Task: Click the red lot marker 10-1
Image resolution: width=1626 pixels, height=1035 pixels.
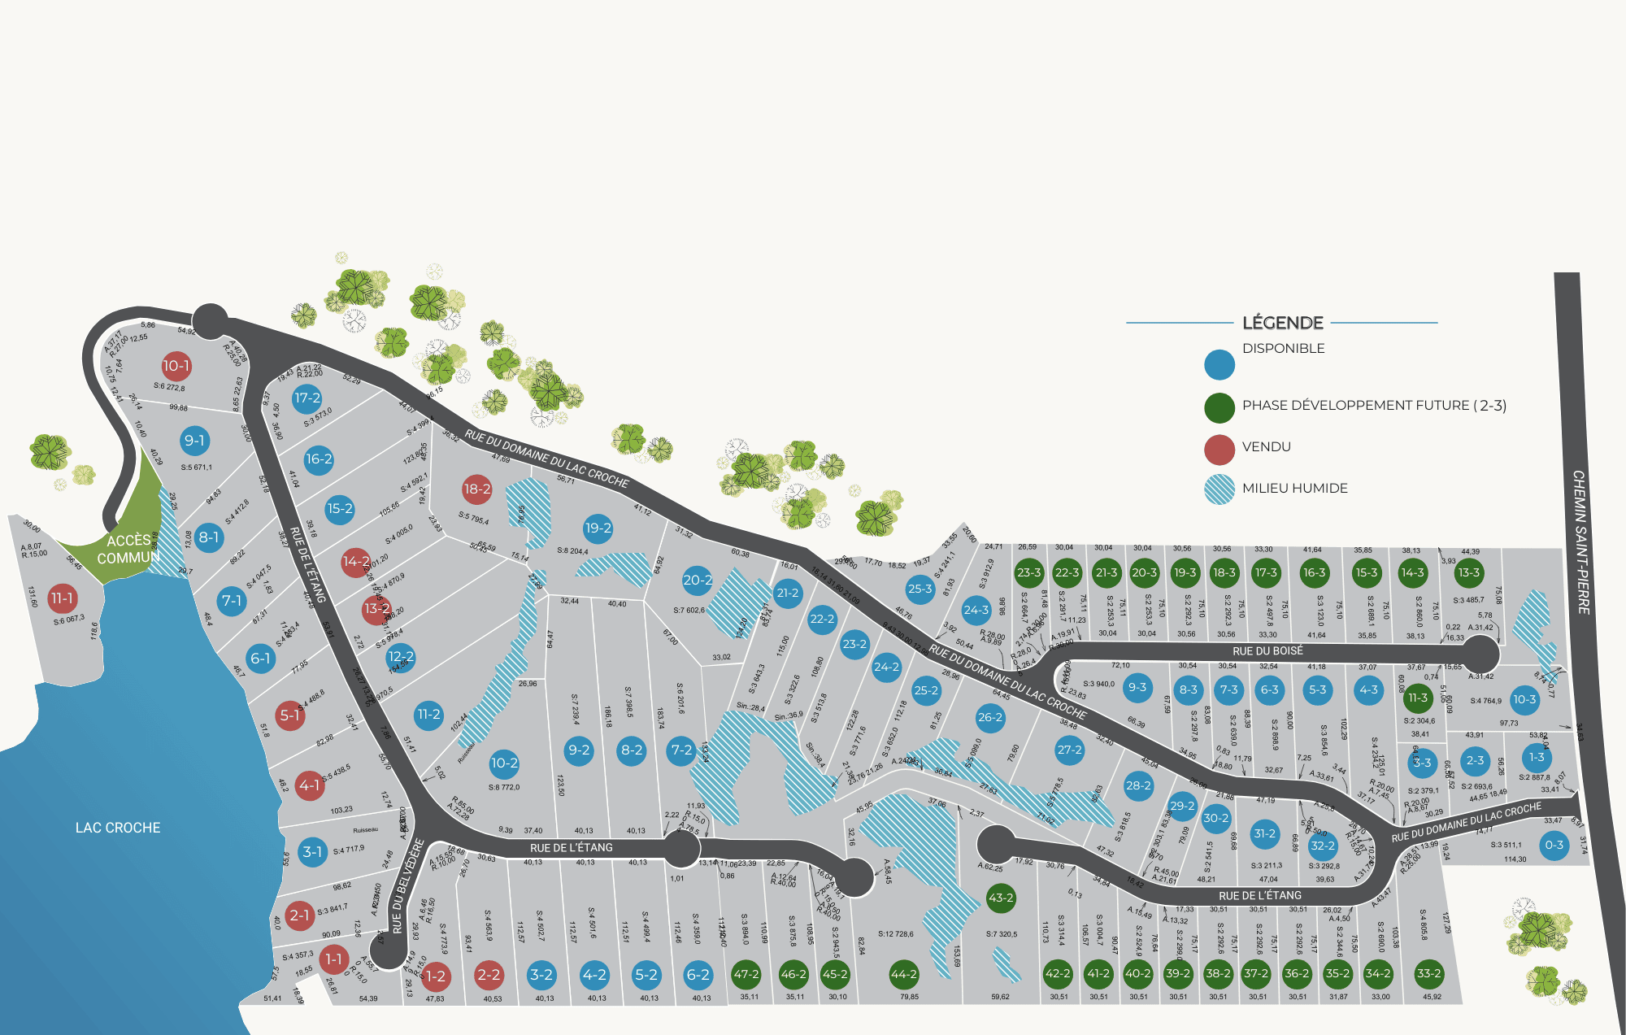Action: [x=176, y=366]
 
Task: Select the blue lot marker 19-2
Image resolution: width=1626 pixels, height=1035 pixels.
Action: [x=598, y=528]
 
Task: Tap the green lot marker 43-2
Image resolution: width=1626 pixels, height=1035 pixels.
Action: [x=1001, y=898]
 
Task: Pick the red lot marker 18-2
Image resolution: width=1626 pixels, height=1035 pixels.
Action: [x=477, y=489]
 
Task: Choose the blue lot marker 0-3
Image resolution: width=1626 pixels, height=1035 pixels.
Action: [x=1554, y=845]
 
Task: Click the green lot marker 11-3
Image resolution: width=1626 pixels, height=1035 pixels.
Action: [x=1418, y=698]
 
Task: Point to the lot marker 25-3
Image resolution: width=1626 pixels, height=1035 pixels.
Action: [x=920, y=589]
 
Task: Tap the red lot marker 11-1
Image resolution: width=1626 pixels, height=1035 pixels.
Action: [x=62, y=598]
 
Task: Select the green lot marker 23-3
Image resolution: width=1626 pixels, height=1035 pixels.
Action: [x=1028, y=572]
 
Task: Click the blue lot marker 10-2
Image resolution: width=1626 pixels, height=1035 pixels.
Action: [x=504, y=763]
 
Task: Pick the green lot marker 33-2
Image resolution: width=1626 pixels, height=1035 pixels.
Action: [x=1428, y=973]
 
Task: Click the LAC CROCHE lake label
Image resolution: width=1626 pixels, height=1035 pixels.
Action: [x=118, y=828]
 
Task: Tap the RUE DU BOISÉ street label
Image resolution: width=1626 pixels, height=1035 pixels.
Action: [x=1267, y=651]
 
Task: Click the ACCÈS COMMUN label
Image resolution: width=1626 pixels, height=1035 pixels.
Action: [x=128, y=550]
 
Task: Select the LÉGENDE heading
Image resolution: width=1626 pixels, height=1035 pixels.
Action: [x=1283, y=323]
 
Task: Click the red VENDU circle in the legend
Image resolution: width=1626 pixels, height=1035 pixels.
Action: [x=1219, y=449]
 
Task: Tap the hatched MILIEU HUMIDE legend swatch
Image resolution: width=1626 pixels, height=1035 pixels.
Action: [x=1219, y=489]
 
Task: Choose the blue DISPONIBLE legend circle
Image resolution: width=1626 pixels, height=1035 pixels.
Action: [x=1219, y=365]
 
